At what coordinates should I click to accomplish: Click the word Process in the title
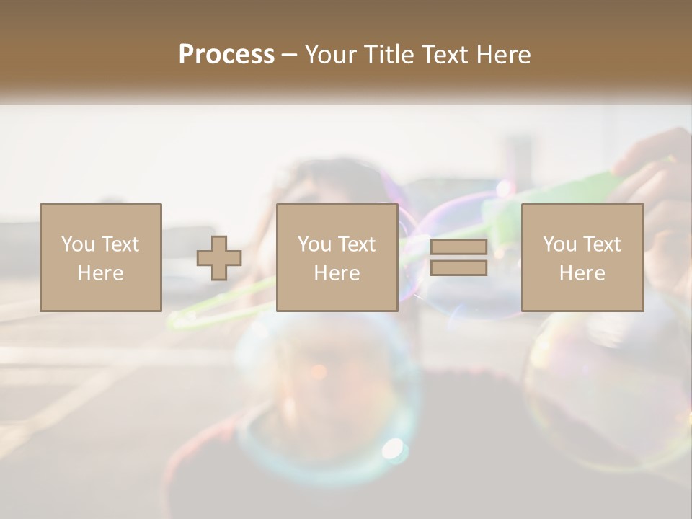click(226, 54)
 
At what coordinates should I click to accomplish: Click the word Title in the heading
click(389, 54)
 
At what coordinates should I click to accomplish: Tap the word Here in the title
click(502, 54)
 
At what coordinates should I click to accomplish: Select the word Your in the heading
click(332, 54)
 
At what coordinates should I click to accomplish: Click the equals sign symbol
click(458, 258)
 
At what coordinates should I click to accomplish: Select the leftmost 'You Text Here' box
click(101, 257)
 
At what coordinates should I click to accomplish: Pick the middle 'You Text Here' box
click(337, 257)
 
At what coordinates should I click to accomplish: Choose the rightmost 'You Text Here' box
click(582, 257)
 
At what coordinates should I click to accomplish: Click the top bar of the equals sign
click(458, 248)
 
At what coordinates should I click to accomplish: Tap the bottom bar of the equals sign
click(458, 268)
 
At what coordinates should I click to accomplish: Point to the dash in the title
click(289, 55)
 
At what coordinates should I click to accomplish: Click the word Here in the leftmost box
click(100, 273)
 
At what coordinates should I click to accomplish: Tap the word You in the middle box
click(314, 244)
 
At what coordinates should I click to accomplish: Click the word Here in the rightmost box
click(582, 273)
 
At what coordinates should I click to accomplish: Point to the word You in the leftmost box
click(78, 244)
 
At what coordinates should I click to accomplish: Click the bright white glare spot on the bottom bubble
click(394, 448)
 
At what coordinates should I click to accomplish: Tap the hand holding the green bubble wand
click(652, 173)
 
